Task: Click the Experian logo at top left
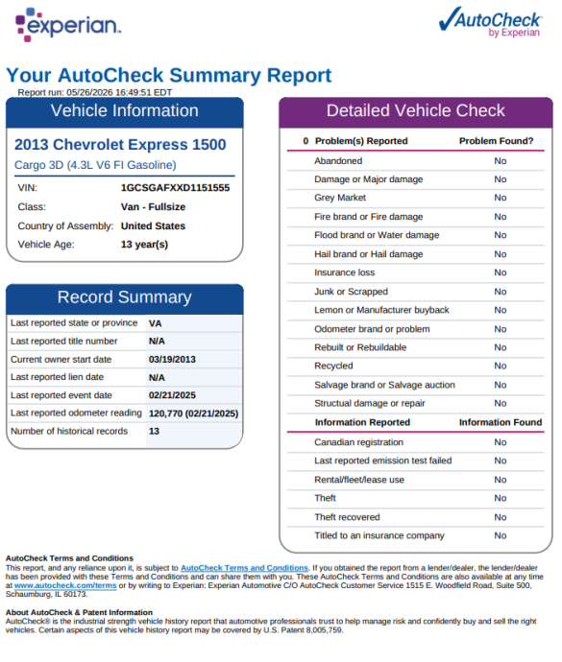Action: point(68,25)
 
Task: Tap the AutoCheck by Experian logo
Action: point(491,22)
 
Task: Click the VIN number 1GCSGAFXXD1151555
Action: point(175,188)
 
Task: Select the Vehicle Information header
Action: point(124,111)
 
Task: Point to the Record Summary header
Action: point(124,297)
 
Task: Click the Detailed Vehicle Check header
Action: point(415,110)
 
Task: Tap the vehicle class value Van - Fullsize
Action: point(153,207)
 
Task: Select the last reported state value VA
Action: point(155,324)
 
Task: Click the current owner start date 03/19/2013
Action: point(172,359)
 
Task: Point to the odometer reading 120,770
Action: point(165,414)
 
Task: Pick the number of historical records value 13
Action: point(154,431)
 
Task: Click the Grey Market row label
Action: point(340,198)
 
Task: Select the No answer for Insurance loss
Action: point(501,272)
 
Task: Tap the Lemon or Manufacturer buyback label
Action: point(381,310)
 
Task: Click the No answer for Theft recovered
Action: point(501,517)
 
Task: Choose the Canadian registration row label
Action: point(358,442)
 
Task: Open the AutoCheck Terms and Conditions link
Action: point(244,568)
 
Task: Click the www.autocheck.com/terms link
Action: point(65,585)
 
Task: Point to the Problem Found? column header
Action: point(496,141)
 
